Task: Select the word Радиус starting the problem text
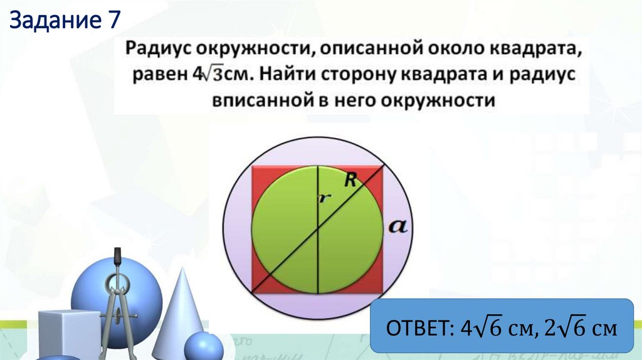click(x=157, y=49)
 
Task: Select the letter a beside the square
click(x=398, y=226)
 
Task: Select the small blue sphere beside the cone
click(x=204, y=347)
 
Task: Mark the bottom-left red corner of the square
click(x=259, y=285)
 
